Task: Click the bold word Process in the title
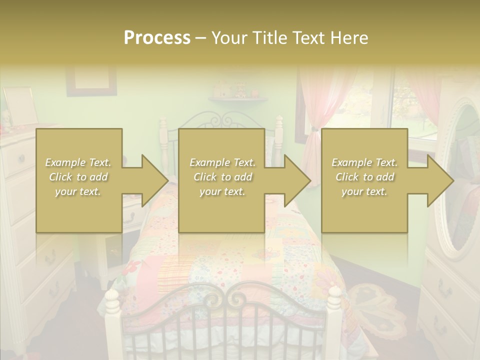(157, 38)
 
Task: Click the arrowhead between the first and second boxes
(152, 180)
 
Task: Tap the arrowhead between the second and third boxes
(295, 180)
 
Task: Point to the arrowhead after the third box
(438, 180)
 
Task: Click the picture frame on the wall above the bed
(91, 80)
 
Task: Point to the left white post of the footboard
(112, 320)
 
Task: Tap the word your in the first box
(65, 191)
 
